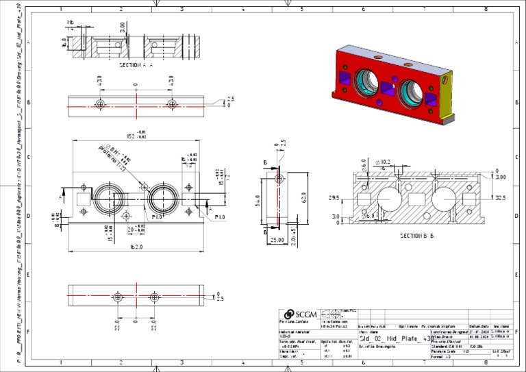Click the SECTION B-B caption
tap(420, 235)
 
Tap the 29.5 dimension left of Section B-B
tap(335, 198)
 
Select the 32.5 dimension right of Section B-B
tap(500, 198)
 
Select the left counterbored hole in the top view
tap(101, 104)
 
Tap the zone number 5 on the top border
tap(302, 9)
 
